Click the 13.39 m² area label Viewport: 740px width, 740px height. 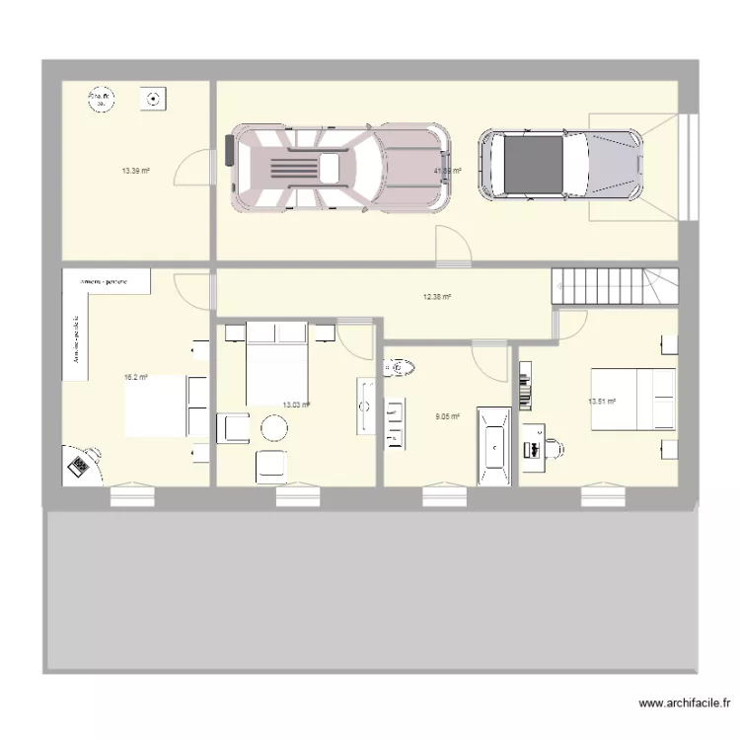click(x=135, y=171)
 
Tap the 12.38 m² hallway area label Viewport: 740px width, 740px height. click(x=437, y=296)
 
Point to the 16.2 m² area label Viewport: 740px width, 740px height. click(x=136, y=377)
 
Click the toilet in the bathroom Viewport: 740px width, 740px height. click(x=397, y=368)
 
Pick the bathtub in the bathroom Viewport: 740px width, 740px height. click(x=493, y=445)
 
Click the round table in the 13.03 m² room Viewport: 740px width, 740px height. click(x=272, y=427)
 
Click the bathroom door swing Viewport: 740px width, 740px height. click(x=489, y=360)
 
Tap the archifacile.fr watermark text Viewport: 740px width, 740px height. click(x=684, y=703)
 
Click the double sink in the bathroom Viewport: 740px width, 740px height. click(x=396, y=423)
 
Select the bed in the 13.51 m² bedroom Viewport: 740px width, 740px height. click(x=632, y=399)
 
